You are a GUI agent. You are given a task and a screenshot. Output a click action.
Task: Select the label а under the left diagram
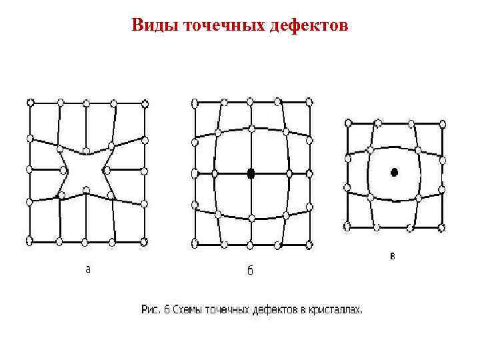point(87,269)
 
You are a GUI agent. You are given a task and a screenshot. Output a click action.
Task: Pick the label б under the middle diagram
point(250,270)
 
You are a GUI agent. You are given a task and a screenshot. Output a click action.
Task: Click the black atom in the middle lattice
point(251,173)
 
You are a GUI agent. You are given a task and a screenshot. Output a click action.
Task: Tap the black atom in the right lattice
point(394,172)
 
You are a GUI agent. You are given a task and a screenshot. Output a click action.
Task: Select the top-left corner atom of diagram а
point(30,102)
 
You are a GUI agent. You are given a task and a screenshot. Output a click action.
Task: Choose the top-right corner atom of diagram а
point(145,103)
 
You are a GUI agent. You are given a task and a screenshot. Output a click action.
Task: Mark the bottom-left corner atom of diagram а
point(30,240)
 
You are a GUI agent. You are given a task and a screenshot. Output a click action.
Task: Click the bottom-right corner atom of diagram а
point(145,240)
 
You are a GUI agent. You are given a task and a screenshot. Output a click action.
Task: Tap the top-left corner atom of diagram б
point(195,103)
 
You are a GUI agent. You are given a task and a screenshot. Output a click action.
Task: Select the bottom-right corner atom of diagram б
point(309,244)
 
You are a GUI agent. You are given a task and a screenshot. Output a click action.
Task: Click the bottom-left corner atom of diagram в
point(347,227)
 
